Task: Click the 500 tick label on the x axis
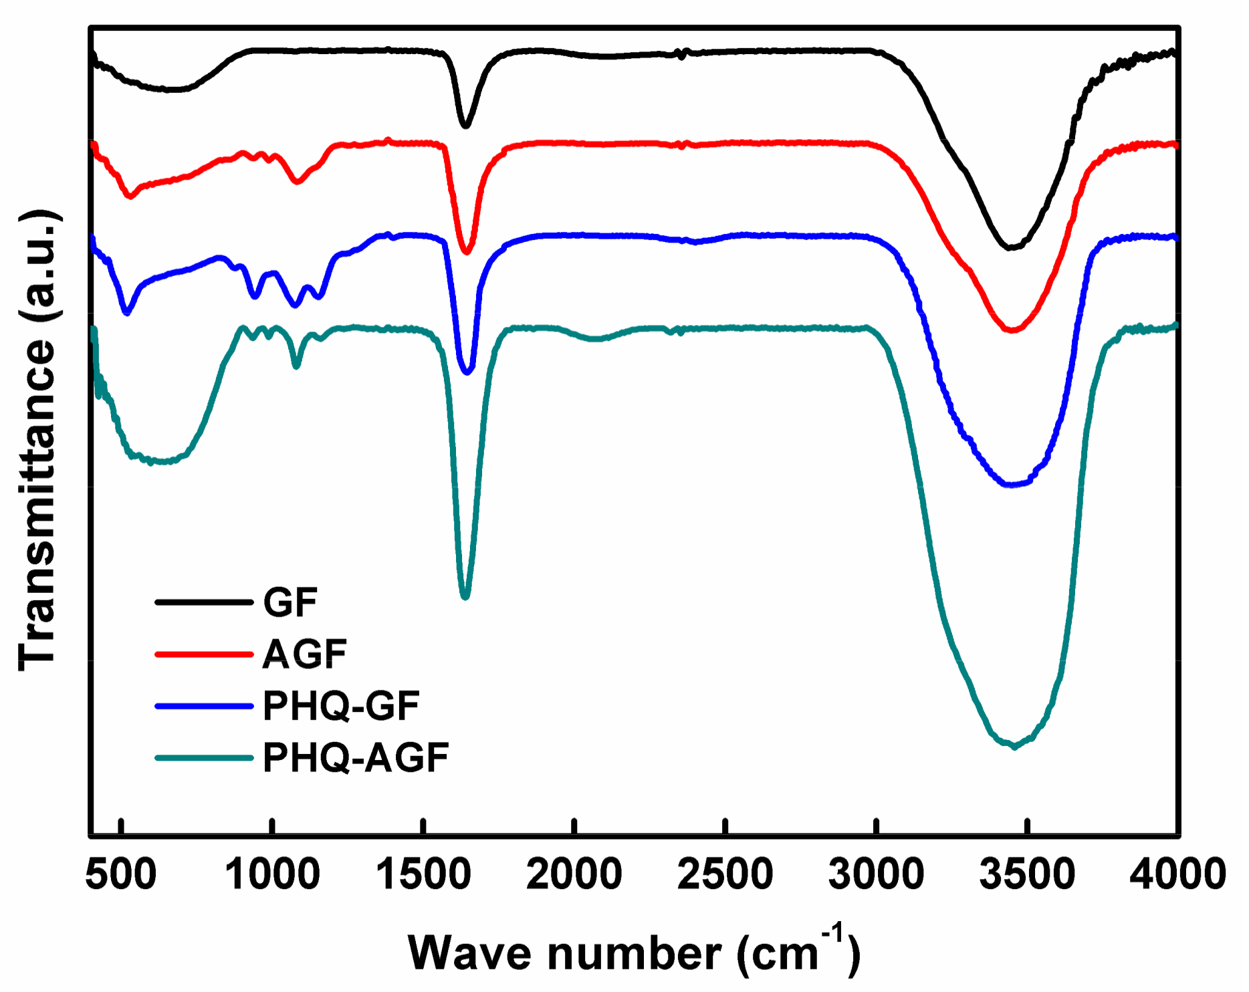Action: point(121,874)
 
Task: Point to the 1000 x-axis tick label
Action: point(272,874)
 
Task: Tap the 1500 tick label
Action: point(423,874)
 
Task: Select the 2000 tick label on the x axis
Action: point(574,874)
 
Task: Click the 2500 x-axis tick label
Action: point(725,874)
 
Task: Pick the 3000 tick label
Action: point(876,874)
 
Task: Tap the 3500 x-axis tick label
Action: point(1027,874)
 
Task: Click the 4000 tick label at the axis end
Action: point(1177,874)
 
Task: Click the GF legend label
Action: point(290,602)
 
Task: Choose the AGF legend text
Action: point(304,654)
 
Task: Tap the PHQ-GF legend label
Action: point(341,706)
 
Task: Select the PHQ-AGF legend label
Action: point(355,757)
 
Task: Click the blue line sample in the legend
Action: point(203,706)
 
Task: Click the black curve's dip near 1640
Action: point(465,125)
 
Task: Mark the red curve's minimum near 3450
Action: point(1012,330)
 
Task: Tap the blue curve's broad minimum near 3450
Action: point(1012,484)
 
